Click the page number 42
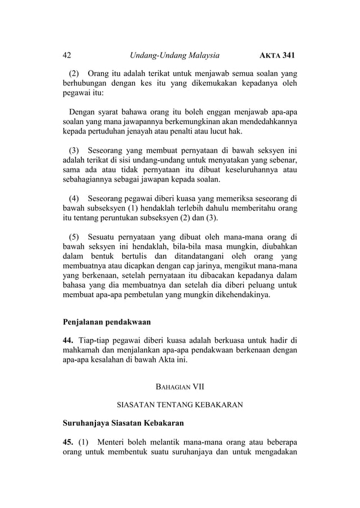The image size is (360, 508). (x=67, y=55)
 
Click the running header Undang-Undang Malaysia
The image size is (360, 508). (x=174, y=55)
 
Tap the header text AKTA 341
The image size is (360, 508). (x=276, y=55)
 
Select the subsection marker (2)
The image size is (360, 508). (x=74, y=74)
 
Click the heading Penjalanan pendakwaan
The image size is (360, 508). (x=107, y=324)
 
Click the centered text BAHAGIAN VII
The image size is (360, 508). (x=179, y=387)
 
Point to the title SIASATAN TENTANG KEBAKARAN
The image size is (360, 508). (x=179, y=405)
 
